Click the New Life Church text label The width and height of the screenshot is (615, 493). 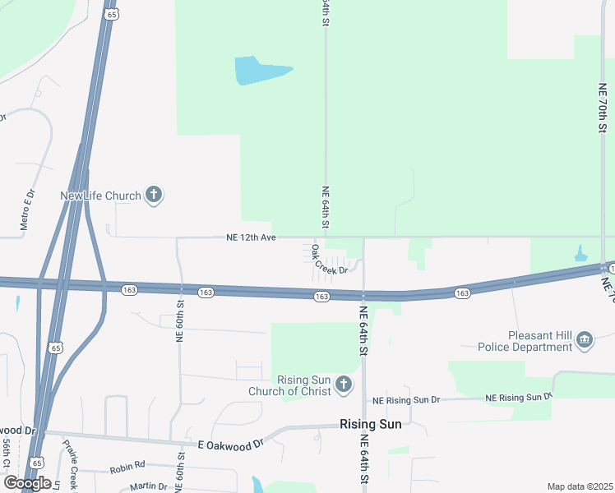click(100, 196)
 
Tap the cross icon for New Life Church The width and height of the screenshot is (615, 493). click(153, 196)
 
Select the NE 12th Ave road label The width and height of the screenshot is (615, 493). click(251, 238)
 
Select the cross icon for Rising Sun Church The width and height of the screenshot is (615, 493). click(344, 384)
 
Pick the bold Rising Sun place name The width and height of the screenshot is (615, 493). click(372, 424)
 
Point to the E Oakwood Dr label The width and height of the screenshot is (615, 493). click(230, 444)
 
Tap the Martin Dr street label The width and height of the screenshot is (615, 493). click(148, 486)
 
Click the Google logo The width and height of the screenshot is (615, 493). click(26, 482)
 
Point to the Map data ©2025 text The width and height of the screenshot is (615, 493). click(580, 486)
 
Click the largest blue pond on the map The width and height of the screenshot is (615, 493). click(261, 71)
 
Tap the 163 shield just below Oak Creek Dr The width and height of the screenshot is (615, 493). click(321, 296)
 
